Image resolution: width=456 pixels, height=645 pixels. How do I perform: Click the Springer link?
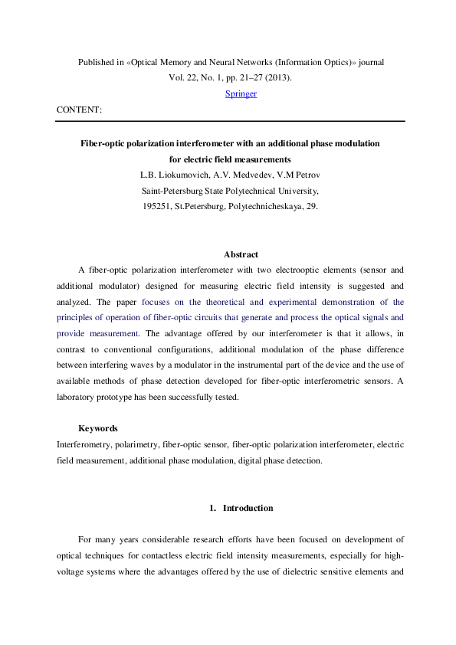(241, 93)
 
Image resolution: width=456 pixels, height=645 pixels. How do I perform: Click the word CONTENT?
(78, 110)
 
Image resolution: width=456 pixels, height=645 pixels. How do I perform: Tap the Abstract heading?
(241, 254)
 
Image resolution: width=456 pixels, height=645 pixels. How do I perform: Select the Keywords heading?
(97, 428)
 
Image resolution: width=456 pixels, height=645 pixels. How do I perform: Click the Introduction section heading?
(248, 508)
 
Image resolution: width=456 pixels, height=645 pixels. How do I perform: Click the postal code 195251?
(159, 207)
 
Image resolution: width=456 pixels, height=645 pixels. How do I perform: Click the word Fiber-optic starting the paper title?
(105, 143)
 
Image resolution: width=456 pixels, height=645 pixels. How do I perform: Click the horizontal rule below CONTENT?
(230, 121)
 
